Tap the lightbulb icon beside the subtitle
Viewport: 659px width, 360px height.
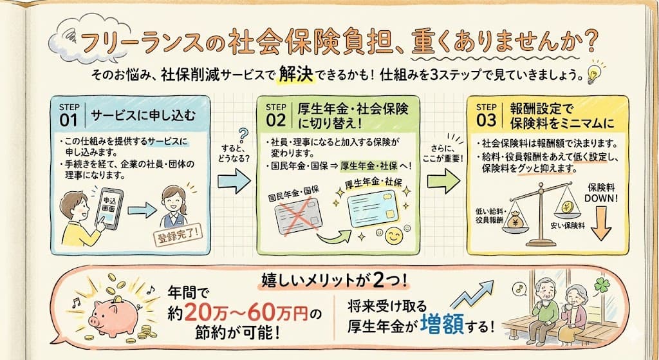point(593,73)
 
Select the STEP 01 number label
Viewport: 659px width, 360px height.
point(68,115)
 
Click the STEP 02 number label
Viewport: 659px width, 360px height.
point(275,115)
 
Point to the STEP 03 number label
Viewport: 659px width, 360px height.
point(487,115)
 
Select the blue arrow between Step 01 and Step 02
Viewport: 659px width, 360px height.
point(234,181)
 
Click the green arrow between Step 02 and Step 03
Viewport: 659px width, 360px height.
point(443,181)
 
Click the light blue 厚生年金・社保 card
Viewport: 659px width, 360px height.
point(374,209)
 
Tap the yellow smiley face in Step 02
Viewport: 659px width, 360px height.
point(394,236)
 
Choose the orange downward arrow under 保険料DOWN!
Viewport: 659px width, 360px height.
point(601,223)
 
